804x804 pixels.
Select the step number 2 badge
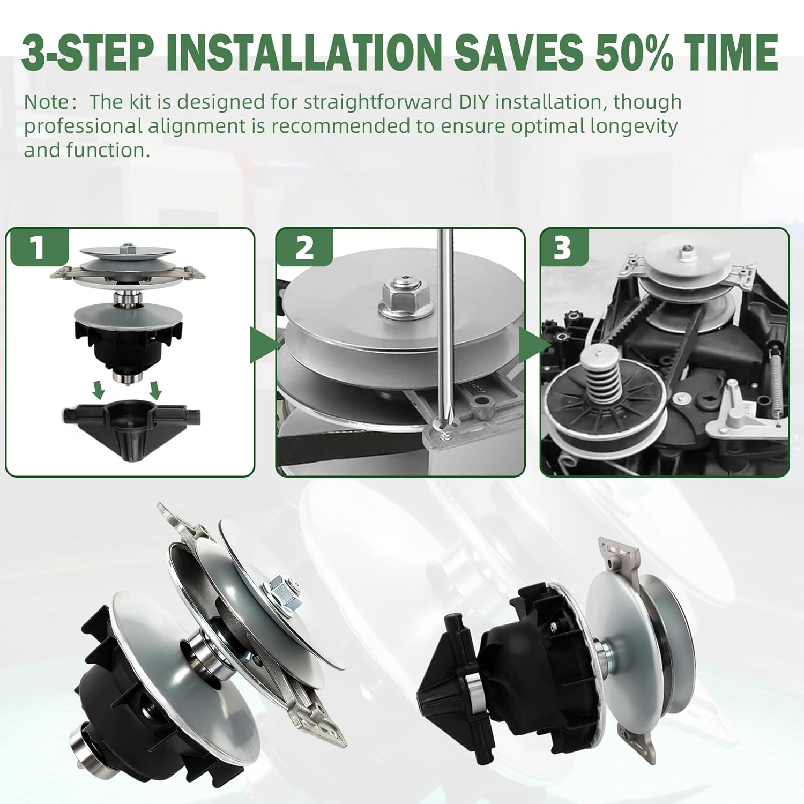[x=304, y=248]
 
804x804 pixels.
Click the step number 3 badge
[x=563, y=248]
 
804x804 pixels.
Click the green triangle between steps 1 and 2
[x=262, y=343]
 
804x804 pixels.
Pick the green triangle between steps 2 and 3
[x=531, y=343]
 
